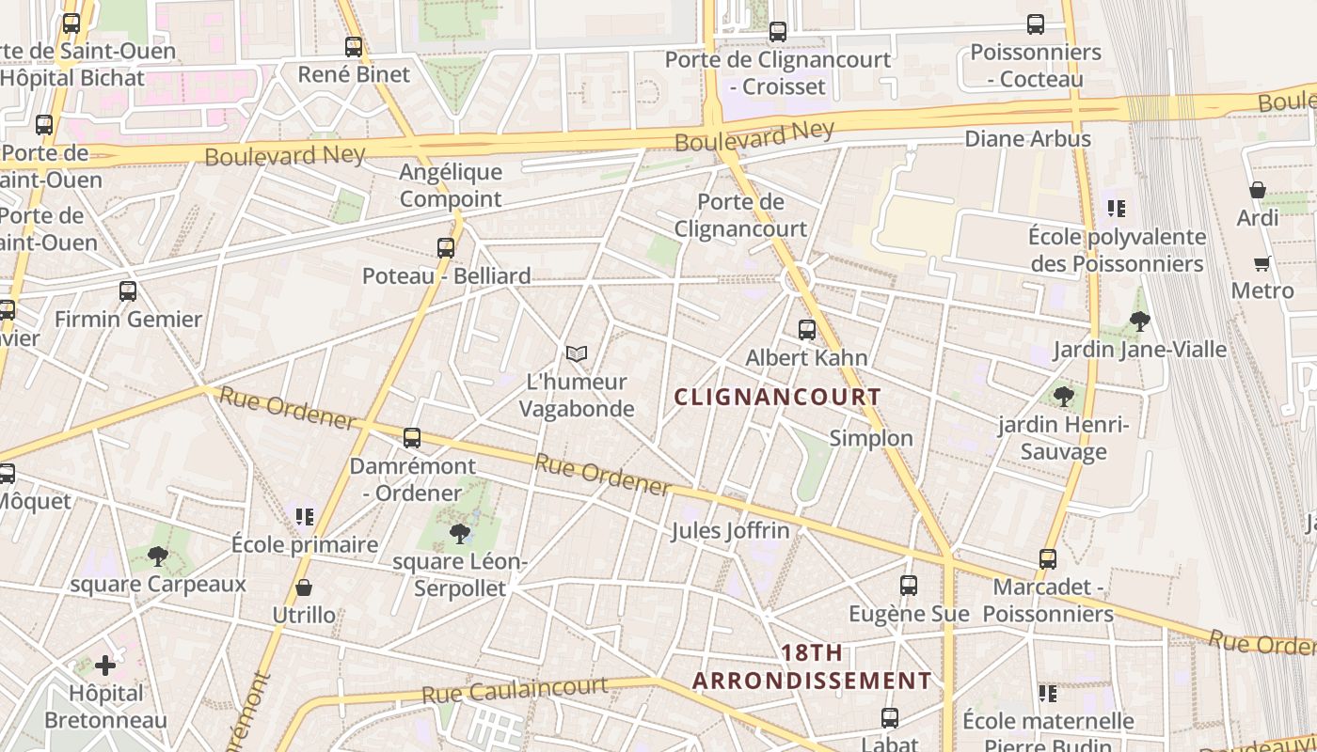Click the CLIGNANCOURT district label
coord(777,397)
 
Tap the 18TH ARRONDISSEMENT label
coord(812,666)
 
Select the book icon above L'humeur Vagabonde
coord(577,353)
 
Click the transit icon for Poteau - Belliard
coord(446,248)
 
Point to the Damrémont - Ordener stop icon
coord(412,438)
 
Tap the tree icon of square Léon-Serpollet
coord(460,534)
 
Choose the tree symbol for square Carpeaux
coord(158,556)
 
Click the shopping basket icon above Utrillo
coord(304,588)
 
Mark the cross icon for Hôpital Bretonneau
coord(105,666)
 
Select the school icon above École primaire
coord(304,516)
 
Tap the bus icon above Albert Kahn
coord(807,330)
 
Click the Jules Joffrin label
coord(730,531)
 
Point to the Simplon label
coord(871,438)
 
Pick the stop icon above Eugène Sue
coord(909,586)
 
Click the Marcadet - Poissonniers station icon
coord(1048,559)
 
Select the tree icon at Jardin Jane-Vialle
coord(1140,321)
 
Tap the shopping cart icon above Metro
coord(1262,263)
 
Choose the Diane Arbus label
coord(1028,139)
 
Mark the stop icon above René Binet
coord(354,46)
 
